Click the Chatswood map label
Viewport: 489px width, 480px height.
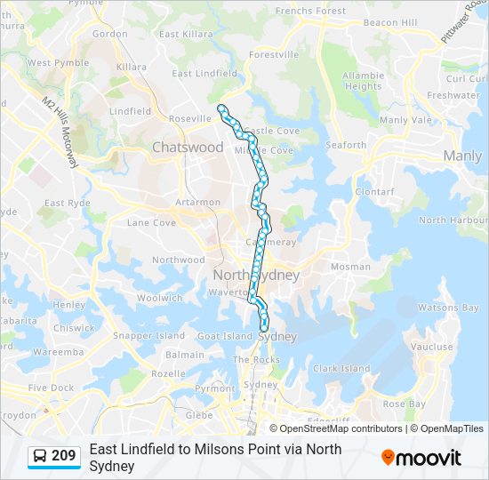(188, 147)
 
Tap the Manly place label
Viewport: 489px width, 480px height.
(462, 156)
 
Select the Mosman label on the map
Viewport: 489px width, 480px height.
(350, 266)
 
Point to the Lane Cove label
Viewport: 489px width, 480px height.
(151, 222)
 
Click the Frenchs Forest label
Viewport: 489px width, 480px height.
(310, 11)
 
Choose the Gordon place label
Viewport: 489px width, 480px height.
(110, 34)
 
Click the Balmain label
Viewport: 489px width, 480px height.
(185, 355)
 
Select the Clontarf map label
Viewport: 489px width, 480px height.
(373, 191)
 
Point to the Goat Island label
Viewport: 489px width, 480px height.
(225, 336)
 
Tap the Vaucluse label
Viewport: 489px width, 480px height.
(432, 347)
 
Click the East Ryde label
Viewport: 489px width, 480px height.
(68, 203)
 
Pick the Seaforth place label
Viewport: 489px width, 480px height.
(346, 145)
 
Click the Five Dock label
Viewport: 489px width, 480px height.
(51, 388)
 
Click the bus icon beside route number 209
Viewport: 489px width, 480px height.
(40, 457)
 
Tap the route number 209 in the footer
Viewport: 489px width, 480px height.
(64, 456)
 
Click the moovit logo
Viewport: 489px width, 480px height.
(421, 458)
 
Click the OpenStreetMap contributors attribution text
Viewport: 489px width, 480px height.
(341, 428)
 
